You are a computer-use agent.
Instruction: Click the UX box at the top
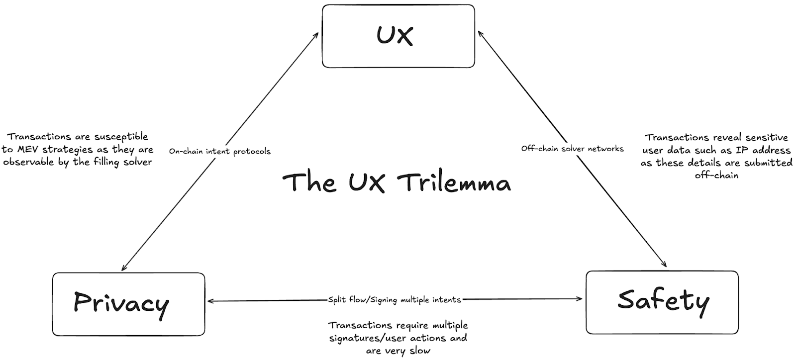398,36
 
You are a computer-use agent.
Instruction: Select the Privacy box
128,304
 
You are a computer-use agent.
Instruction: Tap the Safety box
662,302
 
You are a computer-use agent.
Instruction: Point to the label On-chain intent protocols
219,151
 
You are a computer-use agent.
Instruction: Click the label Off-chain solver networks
572,148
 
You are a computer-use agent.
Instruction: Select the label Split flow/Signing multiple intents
394,300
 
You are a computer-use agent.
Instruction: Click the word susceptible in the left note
121,137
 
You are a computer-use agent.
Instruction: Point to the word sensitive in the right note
766,137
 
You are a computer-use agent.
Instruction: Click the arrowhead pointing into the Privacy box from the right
210,301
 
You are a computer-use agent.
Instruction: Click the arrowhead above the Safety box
665,266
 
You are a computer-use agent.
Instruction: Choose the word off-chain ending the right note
716,175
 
